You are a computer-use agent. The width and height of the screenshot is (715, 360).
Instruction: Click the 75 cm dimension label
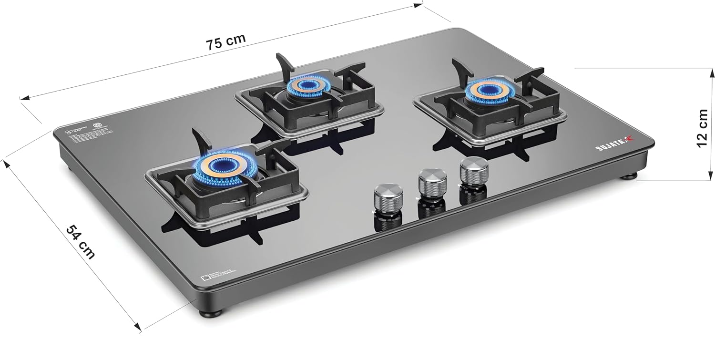click(225, 41)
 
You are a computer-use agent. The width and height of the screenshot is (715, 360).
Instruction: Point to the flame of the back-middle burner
click(305, 87)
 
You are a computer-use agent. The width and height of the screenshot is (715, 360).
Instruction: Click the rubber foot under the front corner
click(210, 313)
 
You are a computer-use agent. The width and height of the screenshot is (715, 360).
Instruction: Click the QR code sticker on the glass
click(206, 278)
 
